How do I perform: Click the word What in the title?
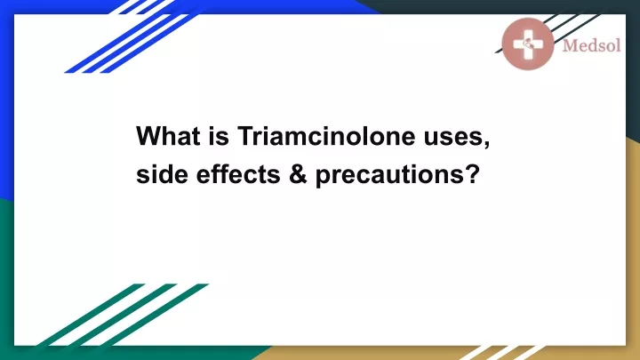pos(168,136)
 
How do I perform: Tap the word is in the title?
pos(220,136)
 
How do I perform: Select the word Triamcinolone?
pos(326,136)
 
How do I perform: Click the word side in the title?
pos(162,174)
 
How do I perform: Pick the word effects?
pos(238,174)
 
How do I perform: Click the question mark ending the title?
pos(471,174)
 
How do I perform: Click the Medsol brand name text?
pos(591,45)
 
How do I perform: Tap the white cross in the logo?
pos(528,44)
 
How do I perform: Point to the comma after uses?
pos(486,145)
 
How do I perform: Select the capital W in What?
pos(148,136)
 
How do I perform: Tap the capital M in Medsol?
pos(570,45)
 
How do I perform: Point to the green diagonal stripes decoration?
pos(123,315)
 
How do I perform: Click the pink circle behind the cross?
pos(528,44)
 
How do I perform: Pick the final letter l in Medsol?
pos(618,45)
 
